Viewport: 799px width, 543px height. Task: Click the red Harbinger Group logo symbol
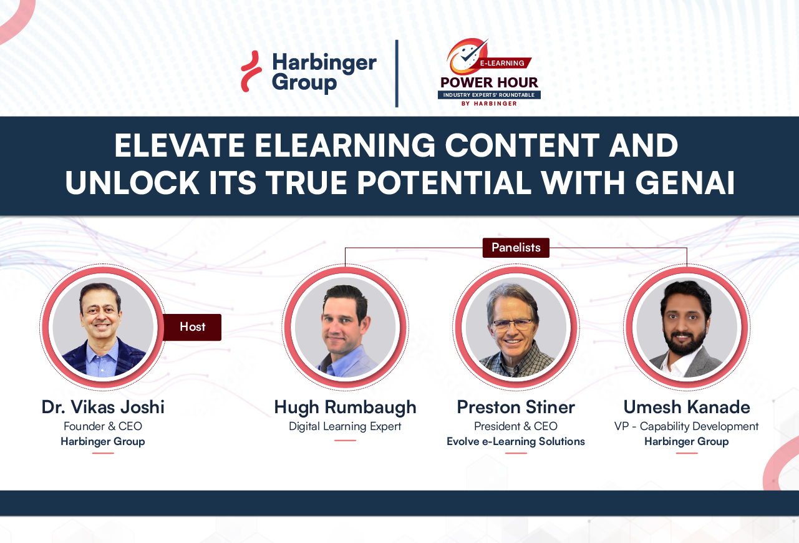click(251, 72)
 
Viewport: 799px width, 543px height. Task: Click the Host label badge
click(192, 327)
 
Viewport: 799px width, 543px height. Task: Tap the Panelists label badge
click(516, 248)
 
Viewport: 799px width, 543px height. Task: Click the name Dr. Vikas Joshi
click(103, 407)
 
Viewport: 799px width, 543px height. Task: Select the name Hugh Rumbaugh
click(345, 407)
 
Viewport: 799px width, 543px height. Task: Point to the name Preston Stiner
click(516, 407)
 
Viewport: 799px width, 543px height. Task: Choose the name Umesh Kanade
click(687, 407)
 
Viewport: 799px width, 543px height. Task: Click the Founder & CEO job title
click(103, 426)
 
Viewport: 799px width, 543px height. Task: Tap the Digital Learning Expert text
click(345, 426)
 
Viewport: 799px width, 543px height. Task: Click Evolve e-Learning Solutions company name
click(516, 441)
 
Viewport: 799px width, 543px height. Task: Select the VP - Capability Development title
click(687, 426)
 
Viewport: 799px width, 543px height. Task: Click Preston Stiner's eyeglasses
click(513, 324)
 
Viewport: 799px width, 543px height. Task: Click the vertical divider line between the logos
click(397, 73)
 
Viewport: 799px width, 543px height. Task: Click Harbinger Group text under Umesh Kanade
click(687, 441)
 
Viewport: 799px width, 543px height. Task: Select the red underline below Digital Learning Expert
click(345, 440)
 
